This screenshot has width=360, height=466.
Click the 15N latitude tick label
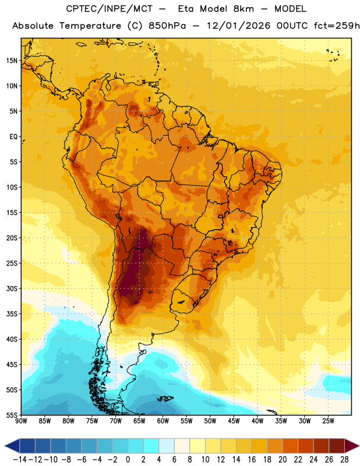click(x=11, y=61)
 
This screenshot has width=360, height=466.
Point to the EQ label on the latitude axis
click(x=13, y=137)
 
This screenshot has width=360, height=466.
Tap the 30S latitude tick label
click(x=11, y=288)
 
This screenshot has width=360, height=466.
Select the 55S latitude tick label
click(x=11, y=415)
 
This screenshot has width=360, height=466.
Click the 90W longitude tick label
click(x=21, y=421)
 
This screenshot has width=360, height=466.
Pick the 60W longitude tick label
click(x=163, y=421)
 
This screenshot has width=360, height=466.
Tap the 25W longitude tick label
click(x=329, y=421)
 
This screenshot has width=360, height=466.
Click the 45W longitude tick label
click(x=234, y=421)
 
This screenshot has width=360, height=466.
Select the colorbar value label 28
click(x=344, y=460)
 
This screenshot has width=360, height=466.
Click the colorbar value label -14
click(x=20, y=460)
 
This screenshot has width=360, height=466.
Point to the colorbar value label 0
click(x=128, y=460)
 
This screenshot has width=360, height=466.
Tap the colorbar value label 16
click(x=252, y=460)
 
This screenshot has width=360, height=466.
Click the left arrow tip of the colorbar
click(x=5, y=446)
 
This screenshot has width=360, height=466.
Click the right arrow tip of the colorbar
click(x=359, y=446)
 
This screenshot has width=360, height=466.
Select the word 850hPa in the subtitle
click(x=167, y=26)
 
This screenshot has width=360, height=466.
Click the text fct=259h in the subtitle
click(x=337, y=26)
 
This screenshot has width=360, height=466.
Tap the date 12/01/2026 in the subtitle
click(x=239, y=26)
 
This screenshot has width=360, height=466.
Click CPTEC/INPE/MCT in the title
click(x=110, y=9)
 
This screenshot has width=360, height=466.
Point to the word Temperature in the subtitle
click(x=90, y=26)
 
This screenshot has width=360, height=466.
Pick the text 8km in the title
click(x=243, y=9)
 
